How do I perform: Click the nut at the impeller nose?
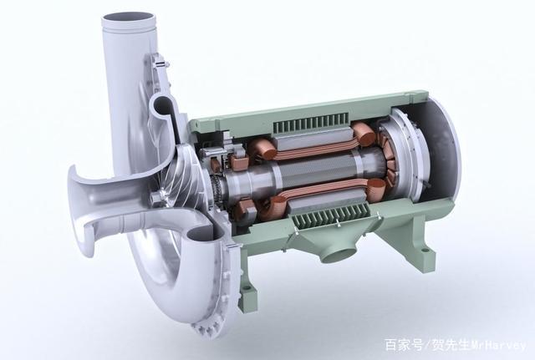pyautogui.click(x=155, y=197)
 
